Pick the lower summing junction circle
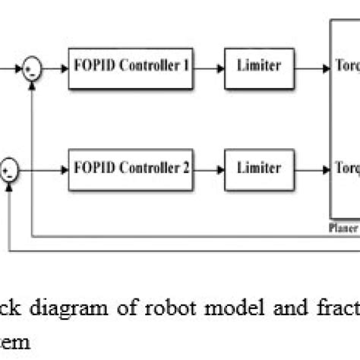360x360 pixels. tap(9, 165)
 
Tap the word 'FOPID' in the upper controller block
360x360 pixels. tap(92, 66)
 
